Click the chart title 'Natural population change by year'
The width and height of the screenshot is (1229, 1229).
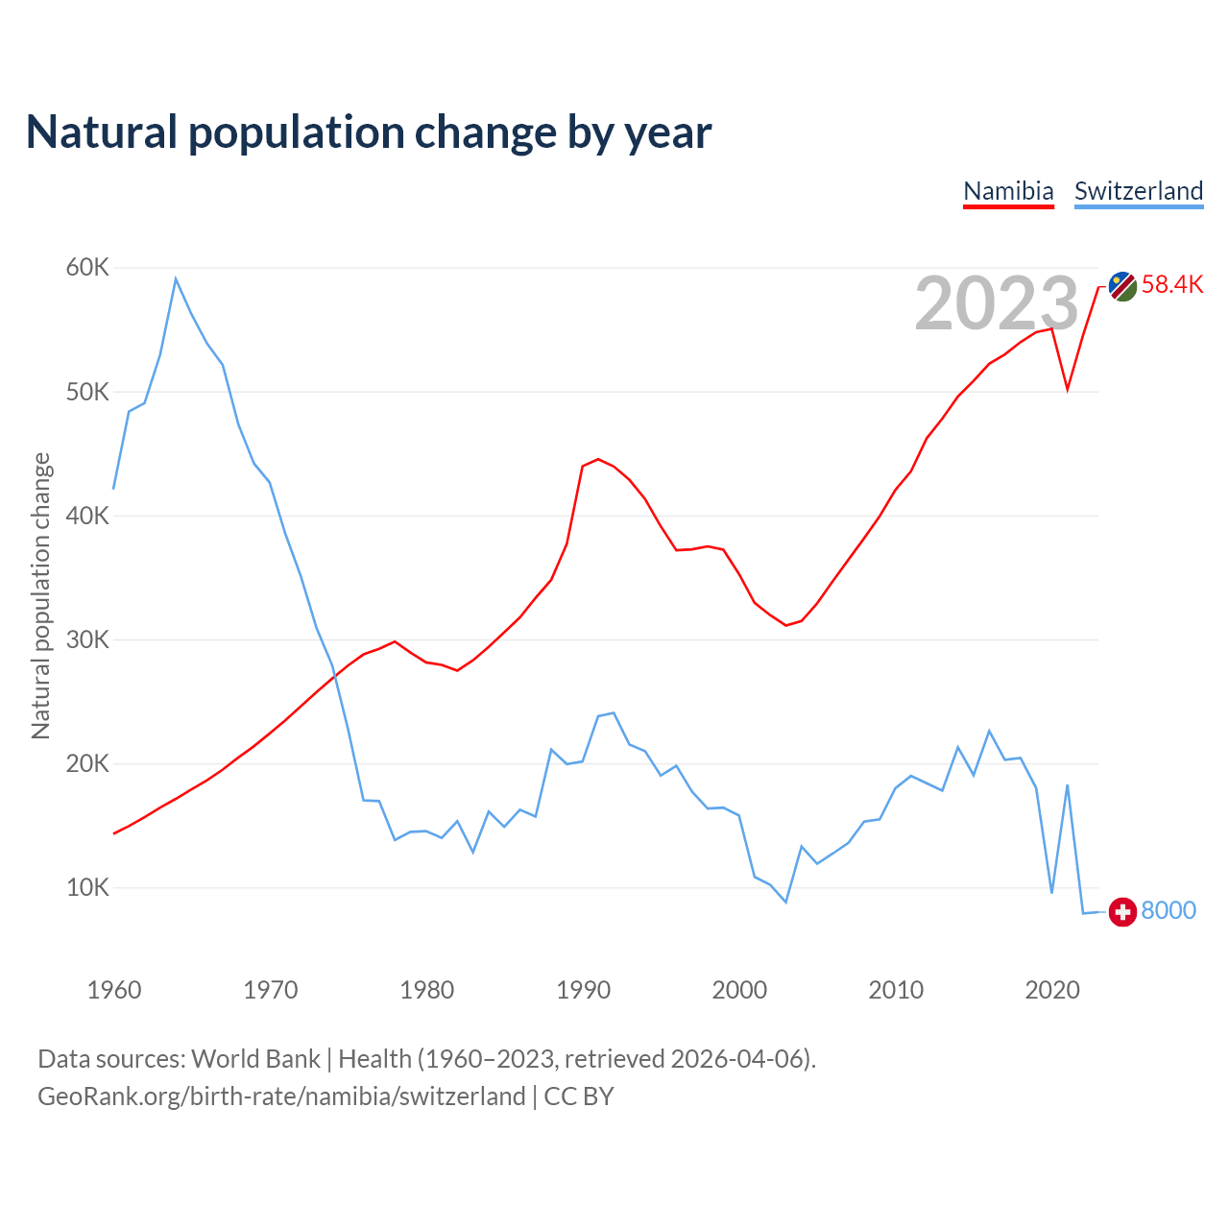369,133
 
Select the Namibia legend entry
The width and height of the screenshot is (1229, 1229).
1008,191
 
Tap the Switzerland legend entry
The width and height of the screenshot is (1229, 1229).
1138,191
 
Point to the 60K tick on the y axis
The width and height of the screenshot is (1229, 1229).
87,268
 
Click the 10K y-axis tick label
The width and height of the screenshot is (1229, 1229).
87,887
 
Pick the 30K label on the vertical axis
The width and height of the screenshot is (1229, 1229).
87,639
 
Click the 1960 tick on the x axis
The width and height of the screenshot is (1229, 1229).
114,990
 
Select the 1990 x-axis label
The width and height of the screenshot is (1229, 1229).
583,990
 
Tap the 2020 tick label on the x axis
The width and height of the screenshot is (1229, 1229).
1052,990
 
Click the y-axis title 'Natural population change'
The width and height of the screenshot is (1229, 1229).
41,596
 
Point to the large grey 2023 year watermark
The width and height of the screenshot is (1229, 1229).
997,303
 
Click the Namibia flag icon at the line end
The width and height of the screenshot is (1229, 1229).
1122,285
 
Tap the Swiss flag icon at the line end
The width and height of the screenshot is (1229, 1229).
1122,911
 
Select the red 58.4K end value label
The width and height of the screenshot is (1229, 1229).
1172,284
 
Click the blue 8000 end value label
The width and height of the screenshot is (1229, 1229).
1169,910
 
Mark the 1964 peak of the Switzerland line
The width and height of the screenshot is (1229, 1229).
176,278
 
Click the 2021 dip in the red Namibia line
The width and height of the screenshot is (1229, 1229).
1067,390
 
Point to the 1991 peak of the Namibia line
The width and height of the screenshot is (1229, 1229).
598,459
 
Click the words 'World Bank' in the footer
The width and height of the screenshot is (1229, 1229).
255,1059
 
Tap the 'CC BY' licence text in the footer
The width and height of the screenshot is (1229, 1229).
578,1096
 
